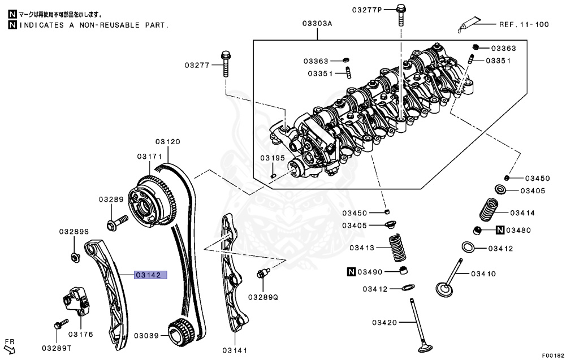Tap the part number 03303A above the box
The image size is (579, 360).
[x=317, y=24]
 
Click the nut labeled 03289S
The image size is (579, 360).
[x=75, y=258]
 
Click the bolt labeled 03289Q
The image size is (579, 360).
[x=262, y=274]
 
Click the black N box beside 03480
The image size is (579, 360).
[x=500, y=230]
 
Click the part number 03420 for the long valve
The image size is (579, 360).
[x=386, y=323]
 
